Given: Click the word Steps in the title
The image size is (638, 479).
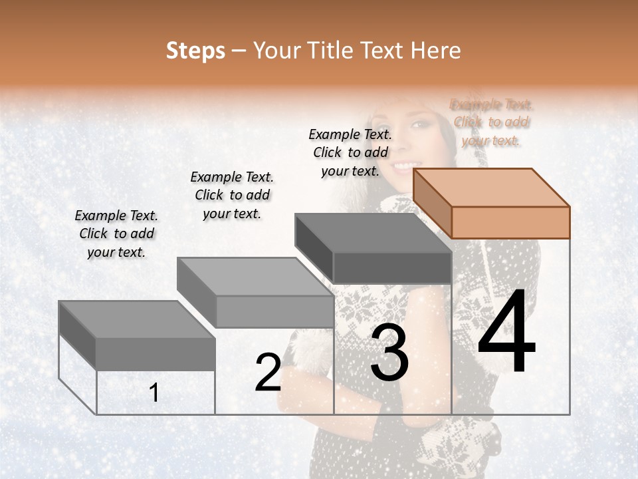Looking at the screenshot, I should tap(195, 51).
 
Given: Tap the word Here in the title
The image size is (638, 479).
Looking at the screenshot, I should tap(436, 51).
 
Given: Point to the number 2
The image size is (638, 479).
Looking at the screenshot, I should tap(268, 373).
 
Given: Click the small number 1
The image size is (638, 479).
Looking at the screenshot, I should tap(154, 393).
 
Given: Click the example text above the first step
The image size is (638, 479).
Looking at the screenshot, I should tap(116, 234).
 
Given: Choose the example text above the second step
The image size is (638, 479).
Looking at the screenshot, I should tap(232, 195).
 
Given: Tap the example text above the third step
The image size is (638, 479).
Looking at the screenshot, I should tap(350, 152).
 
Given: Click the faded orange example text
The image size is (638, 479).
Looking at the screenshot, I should tap(491, 122).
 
